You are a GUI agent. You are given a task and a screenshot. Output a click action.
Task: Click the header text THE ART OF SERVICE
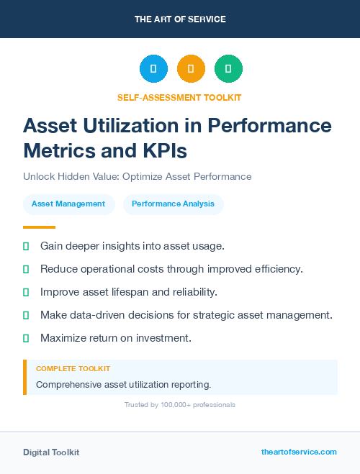tap(180, 19)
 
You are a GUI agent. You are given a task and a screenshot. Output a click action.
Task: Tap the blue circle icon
tap(153, 69)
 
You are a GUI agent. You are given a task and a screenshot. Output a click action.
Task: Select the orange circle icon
tap(191, 69)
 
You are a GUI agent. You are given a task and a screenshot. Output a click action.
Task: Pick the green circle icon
tap(228, 69)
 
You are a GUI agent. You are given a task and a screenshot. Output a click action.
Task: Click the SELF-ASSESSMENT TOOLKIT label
tap(180, 97)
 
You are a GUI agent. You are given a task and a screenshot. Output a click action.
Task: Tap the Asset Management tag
tap(68, 204)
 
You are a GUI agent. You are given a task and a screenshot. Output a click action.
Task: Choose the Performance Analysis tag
tap(173, 204)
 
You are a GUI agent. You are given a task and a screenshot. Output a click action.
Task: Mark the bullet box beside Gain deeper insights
tap(26, 246)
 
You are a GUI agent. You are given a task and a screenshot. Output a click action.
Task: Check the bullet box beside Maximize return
tap(26, 338)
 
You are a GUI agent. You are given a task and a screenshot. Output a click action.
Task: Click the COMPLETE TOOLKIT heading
tap(73, 368)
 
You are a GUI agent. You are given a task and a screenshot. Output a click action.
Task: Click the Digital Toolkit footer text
tap(51, 452)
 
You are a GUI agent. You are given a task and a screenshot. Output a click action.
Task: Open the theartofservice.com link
tap(299, 452)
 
